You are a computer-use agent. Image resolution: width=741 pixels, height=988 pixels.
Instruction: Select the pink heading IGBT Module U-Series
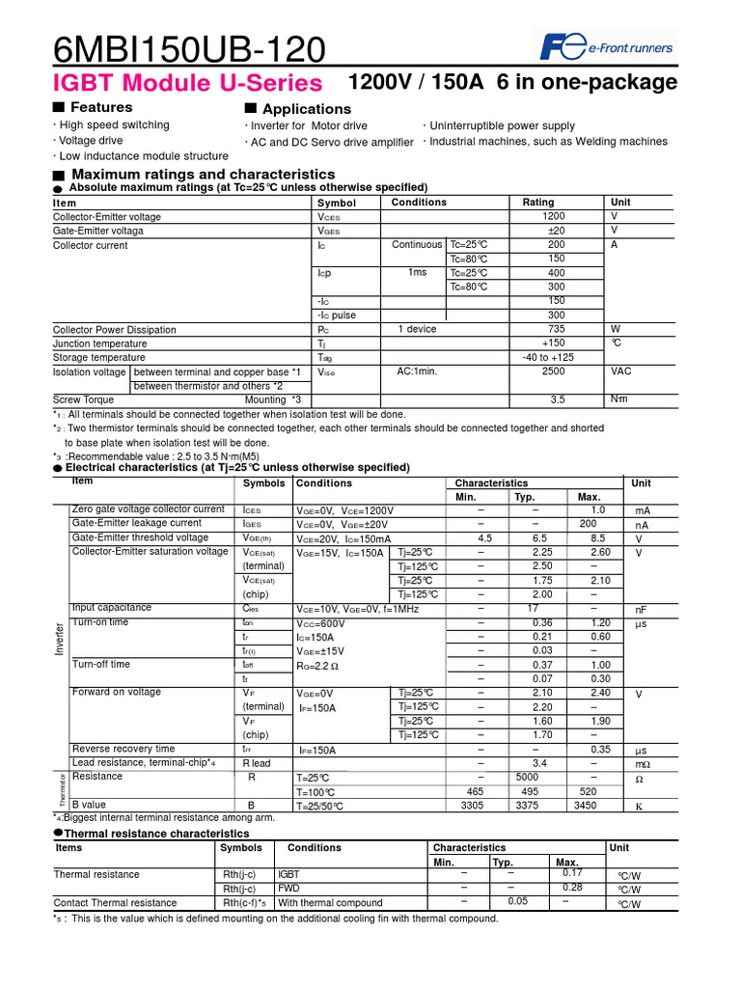[187, 82]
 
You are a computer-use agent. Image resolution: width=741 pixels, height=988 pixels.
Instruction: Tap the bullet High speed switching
[114, 125]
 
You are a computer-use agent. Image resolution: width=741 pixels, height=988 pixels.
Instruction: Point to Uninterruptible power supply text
[502, 126]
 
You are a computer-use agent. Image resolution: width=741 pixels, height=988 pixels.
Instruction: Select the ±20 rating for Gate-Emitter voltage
[556, 232]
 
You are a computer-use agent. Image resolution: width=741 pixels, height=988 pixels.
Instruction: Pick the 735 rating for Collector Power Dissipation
[556, 329]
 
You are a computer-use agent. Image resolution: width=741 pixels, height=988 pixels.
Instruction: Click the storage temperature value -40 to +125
[548, 357]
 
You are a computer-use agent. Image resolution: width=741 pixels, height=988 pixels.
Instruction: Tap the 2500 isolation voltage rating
[554, 371]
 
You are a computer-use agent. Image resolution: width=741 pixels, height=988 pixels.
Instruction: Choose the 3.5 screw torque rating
[558, 399]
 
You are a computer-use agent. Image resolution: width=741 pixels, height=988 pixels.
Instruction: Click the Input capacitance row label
[112, 608]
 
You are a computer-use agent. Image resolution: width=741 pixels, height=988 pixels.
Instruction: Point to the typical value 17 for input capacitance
[533, 609]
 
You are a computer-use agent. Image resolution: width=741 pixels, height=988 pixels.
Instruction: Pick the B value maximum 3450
[587, 805]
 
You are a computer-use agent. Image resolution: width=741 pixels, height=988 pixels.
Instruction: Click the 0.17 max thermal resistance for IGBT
[573, 872]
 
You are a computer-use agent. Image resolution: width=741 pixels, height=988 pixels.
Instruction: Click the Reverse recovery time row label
[123, 749]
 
